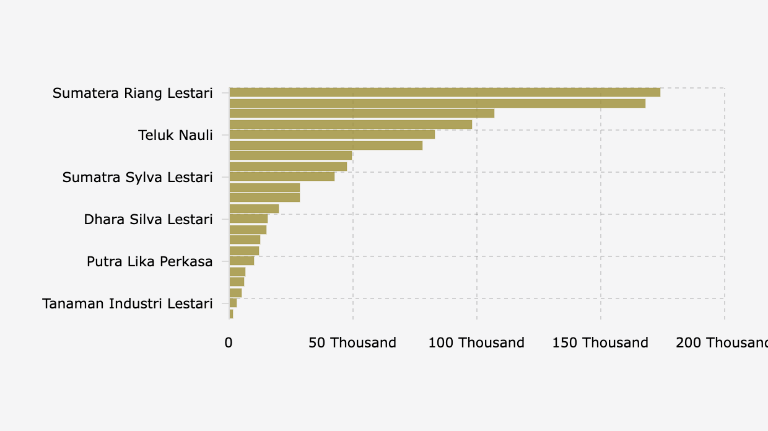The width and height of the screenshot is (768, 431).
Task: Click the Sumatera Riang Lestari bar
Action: (445, 92)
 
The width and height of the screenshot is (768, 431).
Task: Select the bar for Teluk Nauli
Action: (332, 134)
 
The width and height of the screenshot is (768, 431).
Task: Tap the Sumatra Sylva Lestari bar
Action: (282, 176)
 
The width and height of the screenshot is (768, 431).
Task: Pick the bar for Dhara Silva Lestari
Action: (248, 219)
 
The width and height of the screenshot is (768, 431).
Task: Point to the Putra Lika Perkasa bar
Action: (242, 261)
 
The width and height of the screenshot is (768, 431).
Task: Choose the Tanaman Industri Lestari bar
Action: (233, 303)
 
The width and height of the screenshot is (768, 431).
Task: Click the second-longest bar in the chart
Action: (437, 103)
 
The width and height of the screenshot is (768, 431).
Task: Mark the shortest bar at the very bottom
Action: (231, 314)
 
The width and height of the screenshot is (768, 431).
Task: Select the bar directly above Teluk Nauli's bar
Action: (351, 124)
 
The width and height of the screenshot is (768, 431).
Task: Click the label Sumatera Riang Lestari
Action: (133, 93)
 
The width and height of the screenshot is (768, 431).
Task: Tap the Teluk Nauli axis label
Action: (175, 135)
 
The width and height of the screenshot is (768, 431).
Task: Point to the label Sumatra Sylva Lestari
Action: (137, 177)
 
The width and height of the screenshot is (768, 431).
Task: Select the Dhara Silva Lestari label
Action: (148, 219)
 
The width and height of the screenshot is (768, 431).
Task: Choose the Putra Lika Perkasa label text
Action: (149, 261)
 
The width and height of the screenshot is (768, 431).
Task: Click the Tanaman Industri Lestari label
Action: (128, 303)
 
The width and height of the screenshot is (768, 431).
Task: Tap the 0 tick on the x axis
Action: (229, 343)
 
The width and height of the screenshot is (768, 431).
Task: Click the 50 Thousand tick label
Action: (352, 343)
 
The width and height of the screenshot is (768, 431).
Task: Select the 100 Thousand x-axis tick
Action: (476, 343)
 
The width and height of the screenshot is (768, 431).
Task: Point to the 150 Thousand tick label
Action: (600, 343)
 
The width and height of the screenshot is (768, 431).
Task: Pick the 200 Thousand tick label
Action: (722, 343)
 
